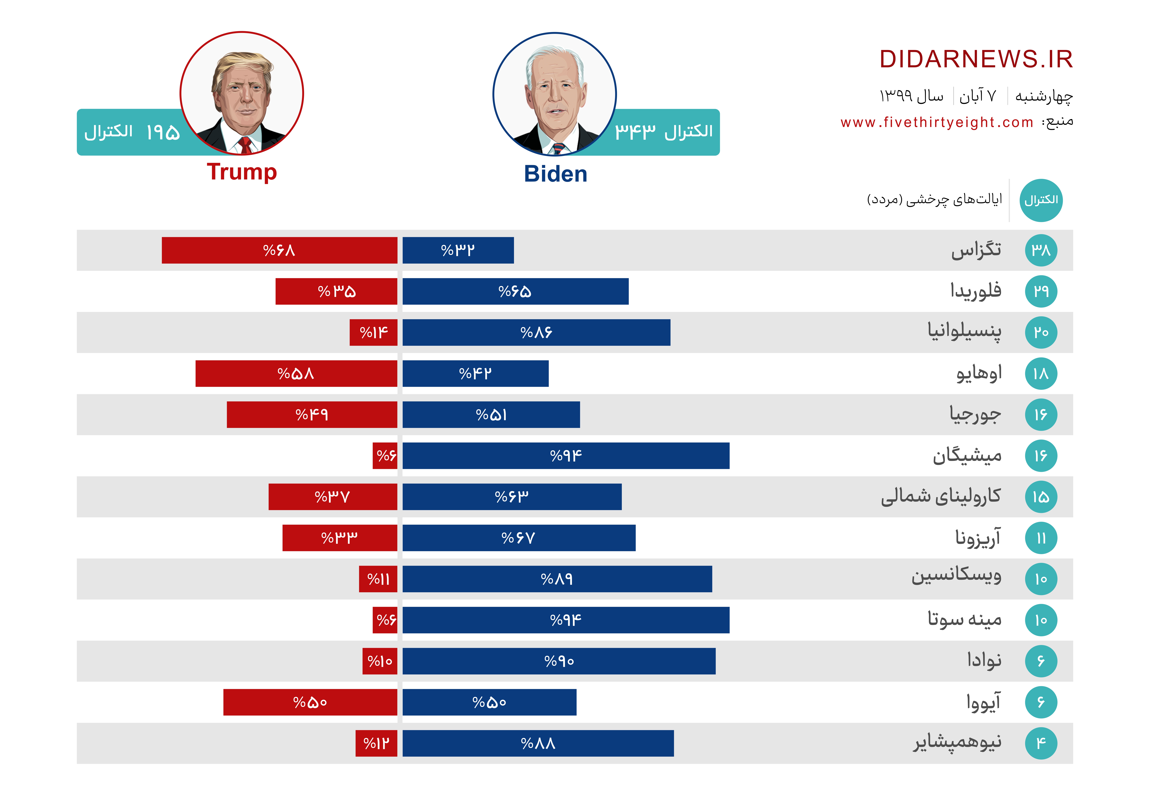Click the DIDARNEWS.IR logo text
click(975, 59)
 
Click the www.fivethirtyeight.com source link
click(936, 122)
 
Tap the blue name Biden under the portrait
click(555, 174)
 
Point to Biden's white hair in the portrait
click(554, 57)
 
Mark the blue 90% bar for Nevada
click(559, 661)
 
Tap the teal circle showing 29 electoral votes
click(1041, 291)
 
